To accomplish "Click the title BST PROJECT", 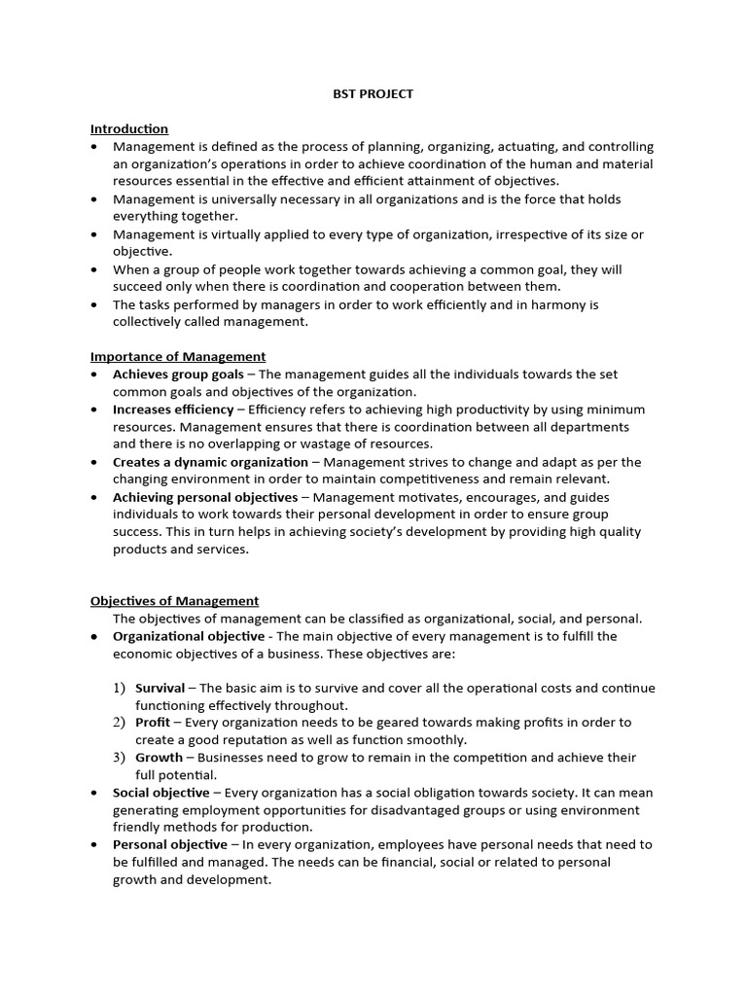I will point(373,93).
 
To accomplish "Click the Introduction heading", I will point(129,128).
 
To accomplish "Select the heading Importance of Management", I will point(178,356).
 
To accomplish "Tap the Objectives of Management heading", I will point(175,600).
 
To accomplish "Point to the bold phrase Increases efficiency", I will point(173,409).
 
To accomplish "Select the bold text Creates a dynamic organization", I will point(210,462).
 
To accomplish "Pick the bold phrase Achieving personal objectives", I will point(205,497).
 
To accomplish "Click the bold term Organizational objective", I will point(188,636).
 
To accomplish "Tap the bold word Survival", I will point(160,688).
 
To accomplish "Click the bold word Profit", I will point(153,723).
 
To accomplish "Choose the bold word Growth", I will point(159,758).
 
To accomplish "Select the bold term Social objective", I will point(160,793).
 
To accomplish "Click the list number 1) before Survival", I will point(119,688).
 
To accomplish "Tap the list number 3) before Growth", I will point(119,758).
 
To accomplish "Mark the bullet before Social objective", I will point(93,793).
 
